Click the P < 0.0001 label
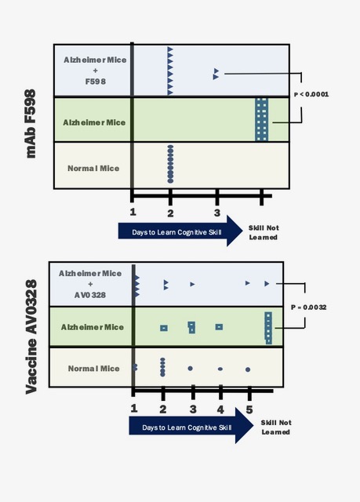[311, 94]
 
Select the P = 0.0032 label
[309, 307]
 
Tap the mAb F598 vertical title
[31, 124]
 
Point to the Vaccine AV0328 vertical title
[31, 336]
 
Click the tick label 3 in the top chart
[217, 213]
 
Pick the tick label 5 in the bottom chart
[249, 409]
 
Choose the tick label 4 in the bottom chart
[220, 409]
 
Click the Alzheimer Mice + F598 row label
[95, 71]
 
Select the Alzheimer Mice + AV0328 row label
[90, 284]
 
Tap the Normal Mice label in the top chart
[93, 168]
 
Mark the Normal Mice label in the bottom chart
[94, 369]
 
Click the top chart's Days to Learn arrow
[180, 231]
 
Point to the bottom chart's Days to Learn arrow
[191, 425]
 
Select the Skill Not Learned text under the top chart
[264, 232]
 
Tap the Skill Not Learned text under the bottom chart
[276, 427]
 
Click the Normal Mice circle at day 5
[248, 369]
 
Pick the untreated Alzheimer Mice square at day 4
[219, 327]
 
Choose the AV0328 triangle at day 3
[192, 284]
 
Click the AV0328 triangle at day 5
[247, 283]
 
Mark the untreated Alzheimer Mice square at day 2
[164, 328]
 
